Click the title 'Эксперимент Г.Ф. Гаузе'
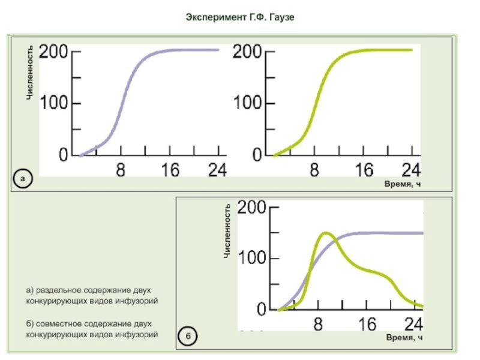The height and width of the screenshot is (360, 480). click(240, 17)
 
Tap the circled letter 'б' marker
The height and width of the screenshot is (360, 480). click(187, 337)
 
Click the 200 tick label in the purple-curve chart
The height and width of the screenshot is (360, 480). click(53, 52)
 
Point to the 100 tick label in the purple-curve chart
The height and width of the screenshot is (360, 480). click(53, 103)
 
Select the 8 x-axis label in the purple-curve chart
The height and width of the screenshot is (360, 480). click(121, 170)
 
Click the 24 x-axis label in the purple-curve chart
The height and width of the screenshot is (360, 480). click(217, 170)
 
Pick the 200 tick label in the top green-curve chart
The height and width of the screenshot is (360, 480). click(247, 52)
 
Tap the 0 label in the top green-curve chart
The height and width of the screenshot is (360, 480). click(257, 155)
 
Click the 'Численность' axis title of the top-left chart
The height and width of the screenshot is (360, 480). click(29, 71)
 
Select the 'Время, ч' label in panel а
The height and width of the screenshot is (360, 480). click(403, 184)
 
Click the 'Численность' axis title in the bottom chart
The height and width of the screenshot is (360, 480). click(227, 231)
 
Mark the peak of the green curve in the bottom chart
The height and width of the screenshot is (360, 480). click(326, 233)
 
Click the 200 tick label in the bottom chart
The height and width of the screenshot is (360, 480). click(253, 208)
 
